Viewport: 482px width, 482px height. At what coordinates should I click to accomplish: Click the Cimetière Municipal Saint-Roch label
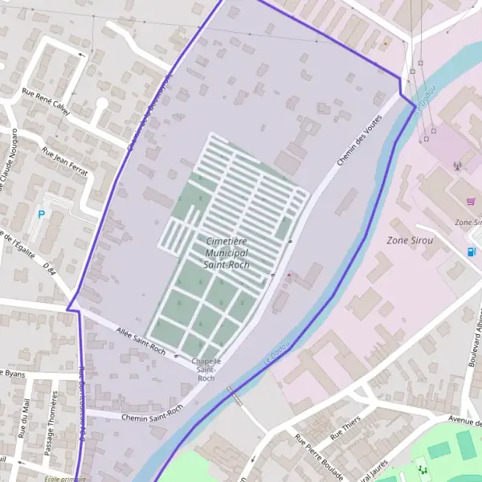(x=227, y=252)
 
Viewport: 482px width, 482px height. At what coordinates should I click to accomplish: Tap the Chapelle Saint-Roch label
(x=206, y=370)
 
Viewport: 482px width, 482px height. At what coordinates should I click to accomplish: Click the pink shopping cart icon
(x=471, y=202)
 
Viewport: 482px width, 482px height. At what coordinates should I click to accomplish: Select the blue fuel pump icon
(x=471, y=251)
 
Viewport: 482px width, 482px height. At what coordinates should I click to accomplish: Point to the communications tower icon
(x=457, y=167)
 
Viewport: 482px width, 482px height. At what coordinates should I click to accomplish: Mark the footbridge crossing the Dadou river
(x=235, y=396)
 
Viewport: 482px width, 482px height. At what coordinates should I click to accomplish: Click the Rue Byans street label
(x=13, y=374)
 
